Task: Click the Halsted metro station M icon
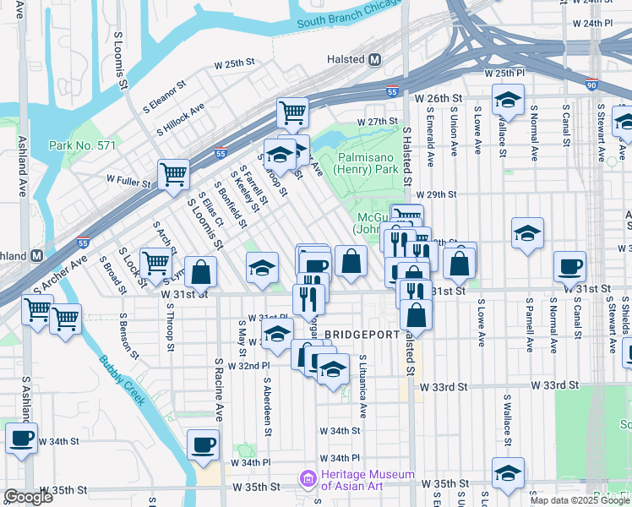tap(375, 60)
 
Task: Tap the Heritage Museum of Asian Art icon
tap(307, 481)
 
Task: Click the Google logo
tap(28, 496)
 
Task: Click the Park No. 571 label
tap(82, 145)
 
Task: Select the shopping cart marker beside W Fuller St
tap(173, 174)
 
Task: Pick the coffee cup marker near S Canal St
tap(569, 267)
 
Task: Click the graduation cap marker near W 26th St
tap(508, 101)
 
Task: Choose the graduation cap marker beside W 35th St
tap(507, 472)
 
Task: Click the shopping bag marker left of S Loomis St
tap(201, 272)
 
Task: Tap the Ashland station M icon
tap(37, 255)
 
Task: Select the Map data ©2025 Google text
tap(580, 500)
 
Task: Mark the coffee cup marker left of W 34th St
tap(21, 439)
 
